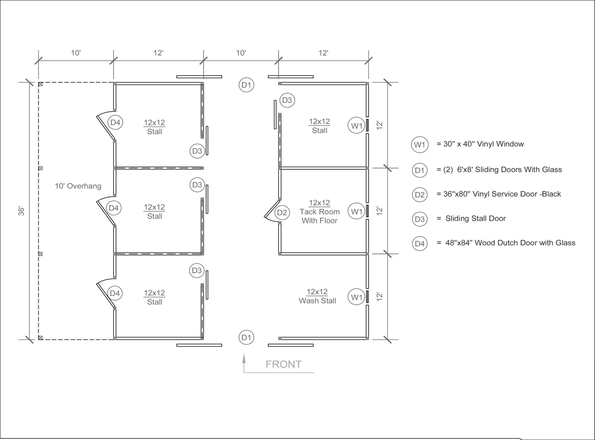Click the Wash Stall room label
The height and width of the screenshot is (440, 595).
click(317, 296)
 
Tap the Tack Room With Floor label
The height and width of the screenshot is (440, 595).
click(320, 212)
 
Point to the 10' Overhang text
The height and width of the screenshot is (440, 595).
click(78, 186)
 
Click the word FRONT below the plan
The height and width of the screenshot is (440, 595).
click(283, 364)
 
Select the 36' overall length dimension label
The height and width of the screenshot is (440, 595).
click(21, 211)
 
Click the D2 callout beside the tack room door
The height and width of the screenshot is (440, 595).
click(282, 213)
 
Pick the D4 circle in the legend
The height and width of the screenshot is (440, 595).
click(419, 243)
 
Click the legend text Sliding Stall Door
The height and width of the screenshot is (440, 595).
click(476, 219)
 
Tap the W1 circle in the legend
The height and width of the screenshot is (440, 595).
click(419, 144)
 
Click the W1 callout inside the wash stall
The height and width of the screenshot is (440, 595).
click(357, 297)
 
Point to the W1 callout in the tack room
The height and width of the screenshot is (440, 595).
click(357, 211)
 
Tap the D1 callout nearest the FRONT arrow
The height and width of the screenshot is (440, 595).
click(246, 338)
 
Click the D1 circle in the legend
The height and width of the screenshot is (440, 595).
click(419, 170)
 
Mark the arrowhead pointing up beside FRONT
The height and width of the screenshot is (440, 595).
click(244, 358)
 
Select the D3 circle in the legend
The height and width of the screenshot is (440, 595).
click(419, 219)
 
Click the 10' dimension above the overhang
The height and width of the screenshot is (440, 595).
click(76, 53)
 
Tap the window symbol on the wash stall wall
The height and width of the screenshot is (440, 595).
click(367, 297)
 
